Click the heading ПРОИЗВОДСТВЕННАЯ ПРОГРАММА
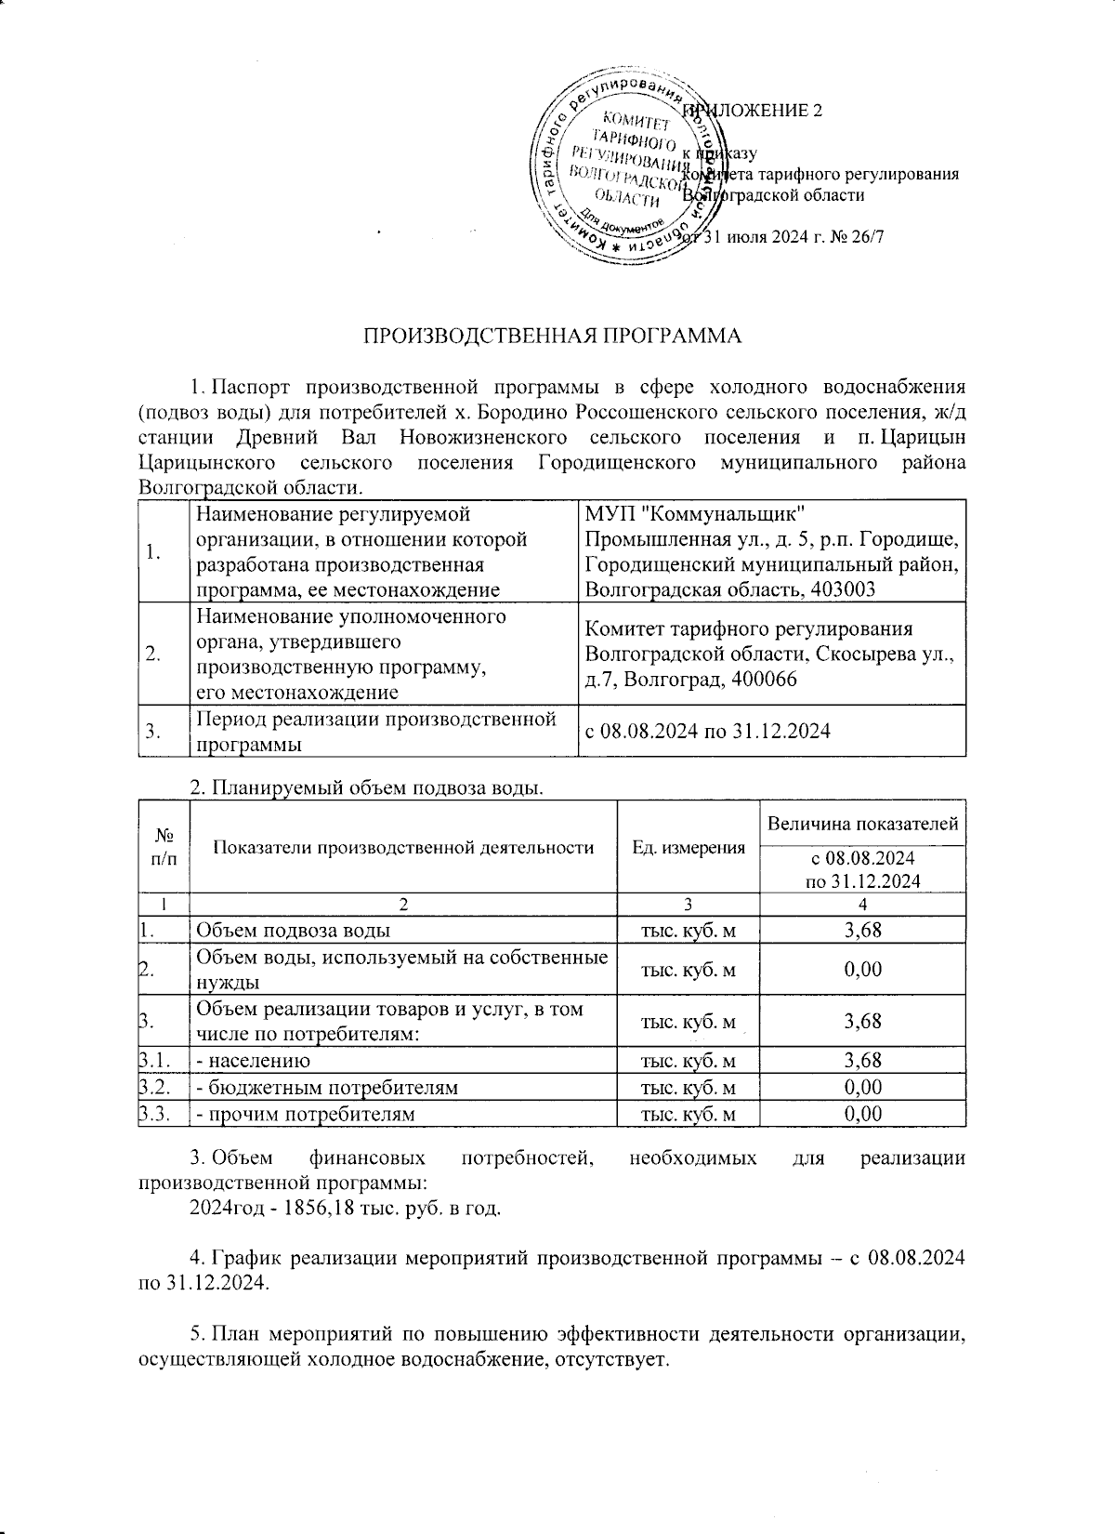tap(552, 336)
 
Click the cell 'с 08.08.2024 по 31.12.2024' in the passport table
tap(706, 732)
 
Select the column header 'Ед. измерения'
tap(688, 847)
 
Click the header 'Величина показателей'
tap(862, 824)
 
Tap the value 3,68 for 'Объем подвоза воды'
tap(862, 930)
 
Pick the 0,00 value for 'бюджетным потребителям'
tap(862, 1087)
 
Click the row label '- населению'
tap(252, 1060)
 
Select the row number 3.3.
tap(154, 1114)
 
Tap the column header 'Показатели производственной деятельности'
tap(403, 847)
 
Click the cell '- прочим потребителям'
tap(304, 1114)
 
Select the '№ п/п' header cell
tap(163, 847)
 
